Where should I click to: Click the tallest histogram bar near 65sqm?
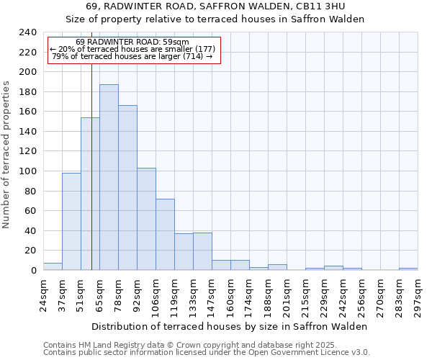pos(109,177)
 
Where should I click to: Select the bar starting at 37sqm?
pos(71,221)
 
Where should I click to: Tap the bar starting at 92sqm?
pos(146,219)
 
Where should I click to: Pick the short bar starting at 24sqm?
pos(53,266)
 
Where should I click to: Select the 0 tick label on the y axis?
pos(33,271)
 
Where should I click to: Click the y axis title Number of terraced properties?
pos(6,155)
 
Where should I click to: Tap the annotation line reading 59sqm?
pos(132,42)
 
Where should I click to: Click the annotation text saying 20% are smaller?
pos(132,49)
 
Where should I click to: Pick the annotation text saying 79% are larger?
pos(132,56)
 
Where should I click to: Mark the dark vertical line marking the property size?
pos(91,173)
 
